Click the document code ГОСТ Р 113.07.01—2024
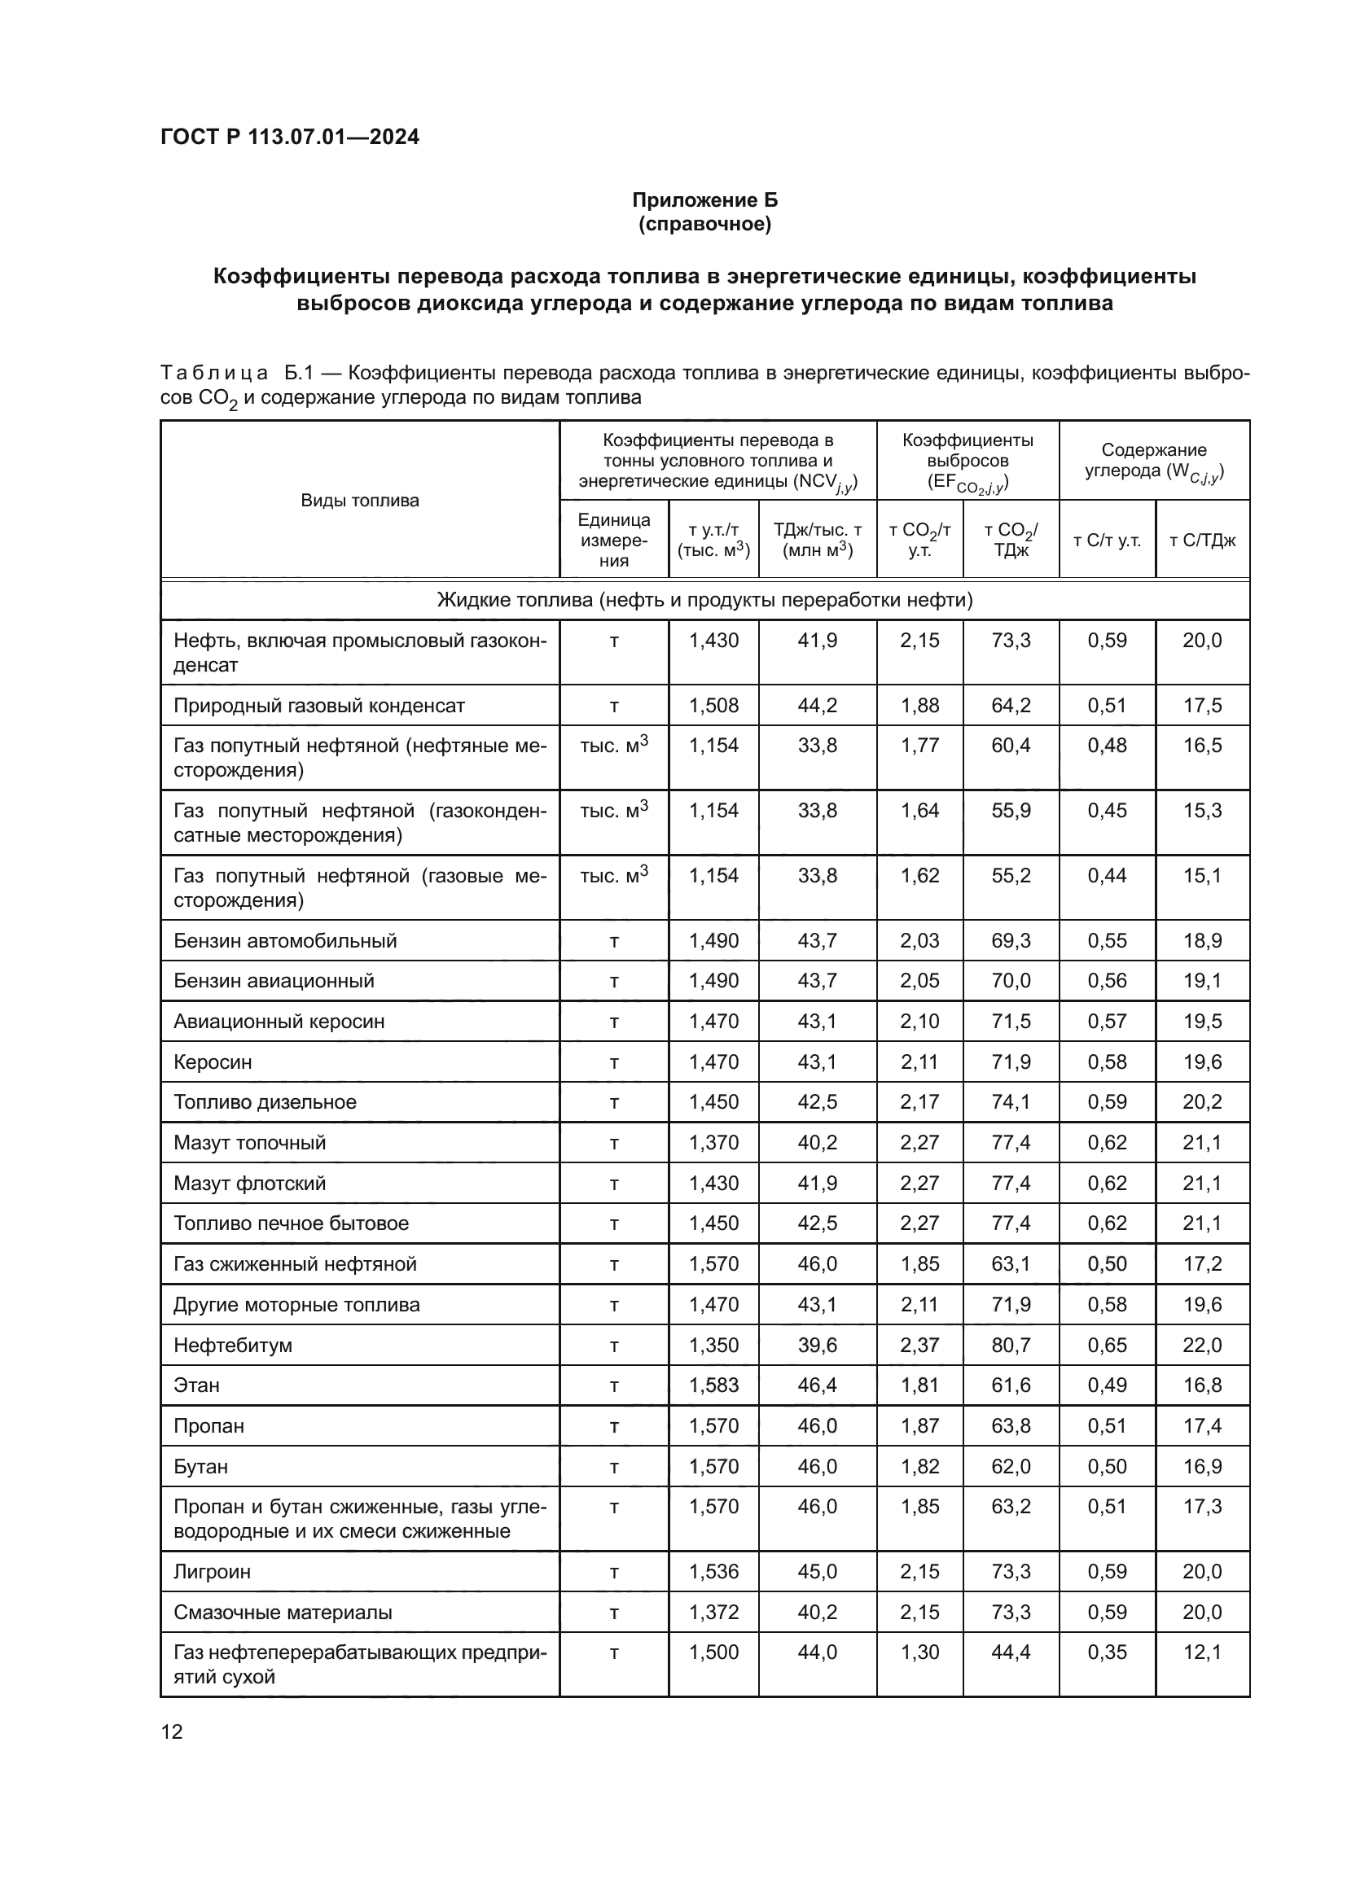click(x=289, y=137)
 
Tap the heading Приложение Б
click(x=704, y=200)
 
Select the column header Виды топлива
click(x=359, y=500)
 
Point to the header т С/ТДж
click(x=1202, y=541)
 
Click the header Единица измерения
click(x=614, y=540)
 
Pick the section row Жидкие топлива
click(x=704, y=600)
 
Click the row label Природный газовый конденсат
click(x=318, y=706)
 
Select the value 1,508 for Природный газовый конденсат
click(x=713, y=706)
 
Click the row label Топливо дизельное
click(x=265, y=1102)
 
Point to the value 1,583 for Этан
click(x=713, y=1385)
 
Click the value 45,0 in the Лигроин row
click(x=817, y=1571)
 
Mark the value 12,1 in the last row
click(x=1202, y=1652)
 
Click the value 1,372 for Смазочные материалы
click(x=713, y=1612)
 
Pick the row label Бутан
click(x=200, y=1467)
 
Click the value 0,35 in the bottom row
click(x=1107, y=1652)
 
